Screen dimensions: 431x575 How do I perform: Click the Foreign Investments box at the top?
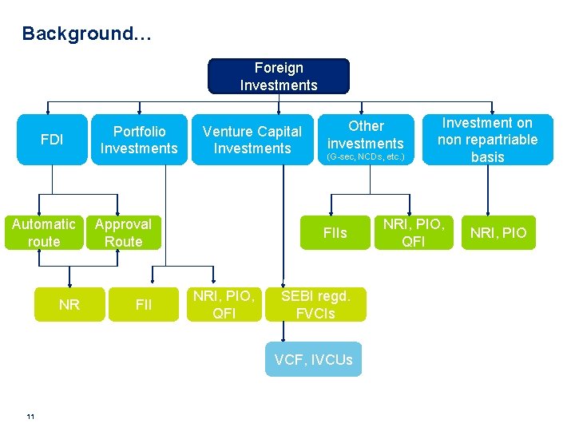(279, 77)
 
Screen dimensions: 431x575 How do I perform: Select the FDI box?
(52, 140)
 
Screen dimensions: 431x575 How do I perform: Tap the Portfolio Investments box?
(139, 140)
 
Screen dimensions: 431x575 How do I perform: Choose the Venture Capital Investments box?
(252, 140)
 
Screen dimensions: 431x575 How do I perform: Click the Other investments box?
(366, 135)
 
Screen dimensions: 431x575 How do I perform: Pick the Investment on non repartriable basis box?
(487, 140)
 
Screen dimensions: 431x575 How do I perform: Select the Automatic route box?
(44, 232)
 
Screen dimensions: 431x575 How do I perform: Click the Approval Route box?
(124, 232)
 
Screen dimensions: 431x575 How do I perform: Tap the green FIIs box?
(335, 233)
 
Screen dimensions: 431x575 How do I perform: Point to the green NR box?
(69, 304)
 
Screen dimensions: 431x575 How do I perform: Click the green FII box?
(145, 304)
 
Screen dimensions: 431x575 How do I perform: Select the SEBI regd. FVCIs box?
(315, 304)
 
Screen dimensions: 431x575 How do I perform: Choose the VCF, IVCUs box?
(313, 360)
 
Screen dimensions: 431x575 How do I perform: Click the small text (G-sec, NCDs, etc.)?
(367, 157)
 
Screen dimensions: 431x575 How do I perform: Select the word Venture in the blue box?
(228, 132)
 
